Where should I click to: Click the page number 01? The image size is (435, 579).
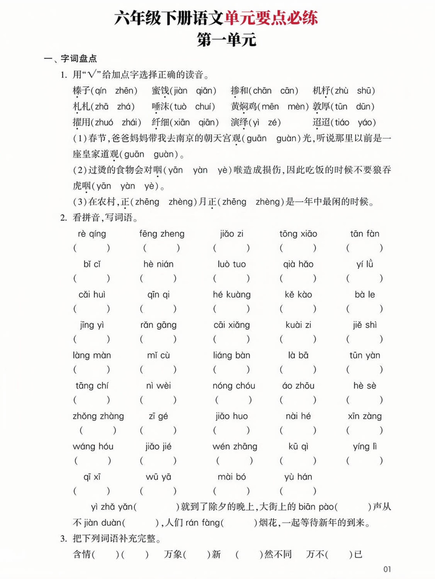387,569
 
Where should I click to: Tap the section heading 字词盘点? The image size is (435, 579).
79,59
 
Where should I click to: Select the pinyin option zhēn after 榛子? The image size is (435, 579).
126,91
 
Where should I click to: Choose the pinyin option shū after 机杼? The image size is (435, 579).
365,91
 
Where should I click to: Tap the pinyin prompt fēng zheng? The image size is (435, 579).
162,234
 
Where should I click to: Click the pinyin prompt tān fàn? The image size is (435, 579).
365,234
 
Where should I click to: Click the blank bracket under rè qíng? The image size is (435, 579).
92,248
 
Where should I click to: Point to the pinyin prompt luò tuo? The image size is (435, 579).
231,264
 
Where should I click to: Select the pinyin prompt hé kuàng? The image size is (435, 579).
231,295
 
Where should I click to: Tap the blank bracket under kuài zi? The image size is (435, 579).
298,339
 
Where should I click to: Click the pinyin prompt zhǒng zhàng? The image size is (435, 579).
98,416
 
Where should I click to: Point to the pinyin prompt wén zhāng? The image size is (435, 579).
235,446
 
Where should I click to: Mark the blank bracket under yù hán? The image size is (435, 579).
298,491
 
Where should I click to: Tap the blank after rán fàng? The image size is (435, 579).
239,523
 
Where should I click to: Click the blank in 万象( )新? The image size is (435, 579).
196,555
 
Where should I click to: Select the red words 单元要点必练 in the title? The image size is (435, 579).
271,18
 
